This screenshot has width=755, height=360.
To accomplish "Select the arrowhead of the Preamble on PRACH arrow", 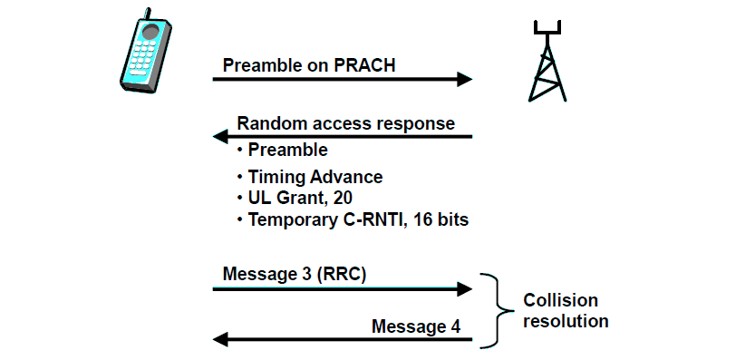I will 464,79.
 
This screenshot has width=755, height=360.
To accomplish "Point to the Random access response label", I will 345,123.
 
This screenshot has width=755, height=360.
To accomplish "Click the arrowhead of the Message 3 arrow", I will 464,289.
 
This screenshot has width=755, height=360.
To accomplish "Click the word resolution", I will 566,321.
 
